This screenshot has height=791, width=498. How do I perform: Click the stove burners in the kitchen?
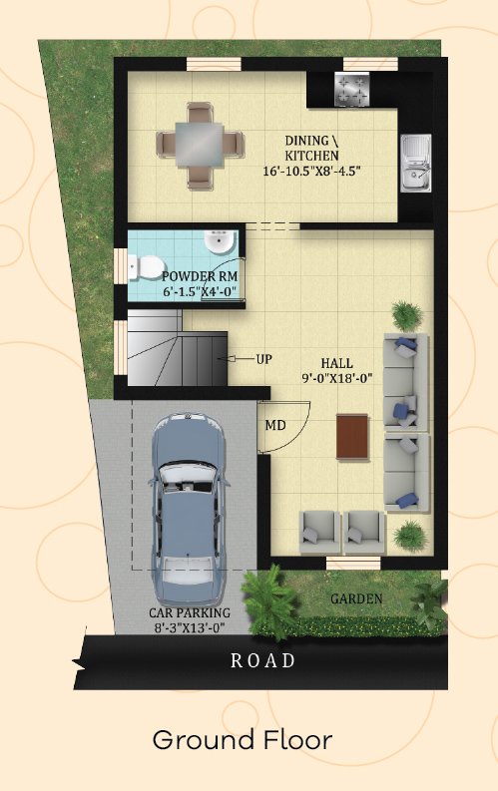(x=352, y=90)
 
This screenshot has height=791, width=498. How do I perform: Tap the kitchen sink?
(x=416, y=163)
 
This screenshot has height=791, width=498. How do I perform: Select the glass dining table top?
(x=200, y=145)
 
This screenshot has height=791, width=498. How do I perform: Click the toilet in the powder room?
(x=147, y=267)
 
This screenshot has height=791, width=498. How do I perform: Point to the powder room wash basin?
(x=220, y=242)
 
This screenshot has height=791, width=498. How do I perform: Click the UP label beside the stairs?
(x=263, y=359)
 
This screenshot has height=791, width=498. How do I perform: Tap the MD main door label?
(x=275, y=425)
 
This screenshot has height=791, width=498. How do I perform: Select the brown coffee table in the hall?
(x=352, y=436)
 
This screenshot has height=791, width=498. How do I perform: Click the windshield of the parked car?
(x=189, y=478)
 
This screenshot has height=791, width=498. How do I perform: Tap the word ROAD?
(x=262, y=660)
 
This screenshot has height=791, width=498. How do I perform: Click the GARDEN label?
(x=356, y=598)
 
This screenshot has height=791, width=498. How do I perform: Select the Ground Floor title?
(x=243, y=740)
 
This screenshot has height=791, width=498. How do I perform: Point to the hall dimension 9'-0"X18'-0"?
(x=337, y=378)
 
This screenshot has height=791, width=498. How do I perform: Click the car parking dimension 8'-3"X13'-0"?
(x=190, y=628)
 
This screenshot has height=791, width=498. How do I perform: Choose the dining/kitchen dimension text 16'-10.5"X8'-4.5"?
(x=311, y=171)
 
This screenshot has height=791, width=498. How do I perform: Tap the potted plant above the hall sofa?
(x=407, y=315)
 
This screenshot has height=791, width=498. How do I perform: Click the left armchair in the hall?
(x=320, y=533)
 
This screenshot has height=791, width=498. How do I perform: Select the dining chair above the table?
(x=200, y=112)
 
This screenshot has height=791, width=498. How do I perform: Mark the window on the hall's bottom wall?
(x=353, y=563)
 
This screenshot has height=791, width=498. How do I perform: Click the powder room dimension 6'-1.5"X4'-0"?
(x=200, y=291)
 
